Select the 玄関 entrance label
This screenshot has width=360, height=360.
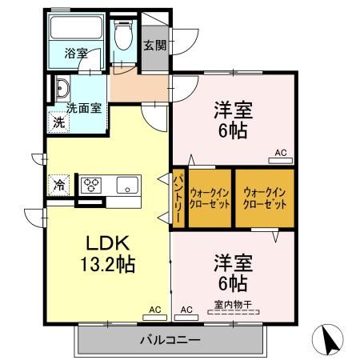pyautogui.click(x=155, y=45)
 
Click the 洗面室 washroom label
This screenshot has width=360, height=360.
pyautogui.click(x=83, y=108)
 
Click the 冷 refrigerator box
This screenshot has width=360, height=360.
pyautogui.click(x=59, y=185)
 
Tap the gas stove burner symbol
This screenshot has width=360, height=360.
pyautogui.click(x=90, y=186)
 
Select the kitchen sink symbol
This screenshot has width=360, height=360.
pyautogui.click(x=126, y=186)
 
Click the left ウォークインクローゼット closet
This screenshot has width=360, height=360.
pyautogui.click(x=210, y=197)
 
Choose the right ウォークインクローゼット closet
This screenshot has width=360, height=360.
pyautogui.click(x=265, y=197)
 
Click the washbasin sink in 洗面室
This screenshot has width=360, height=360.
pyautogui.click(x=62, y=89)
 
